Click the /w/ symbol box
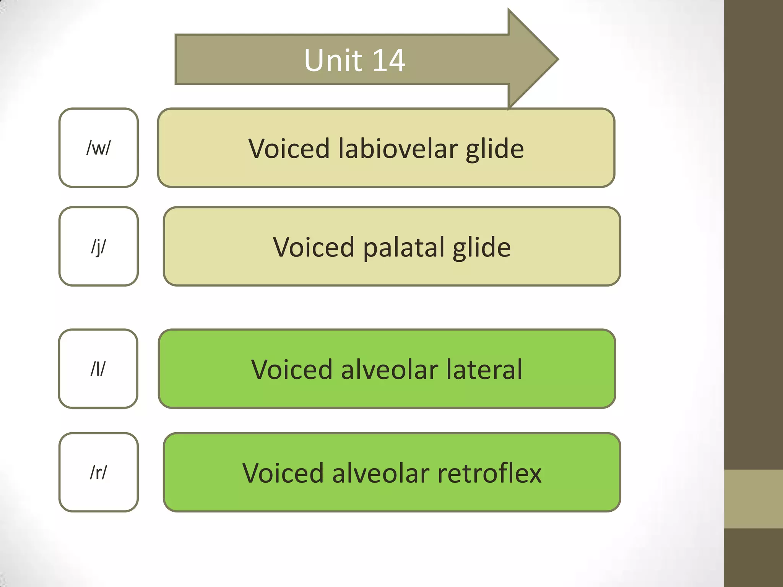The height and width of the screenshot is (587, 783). (x=99, y=148)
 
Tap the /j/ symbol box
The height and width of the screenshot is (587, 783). (x=99, y=246)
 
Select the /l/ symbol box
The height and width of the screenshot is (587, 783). (x=98, y=369)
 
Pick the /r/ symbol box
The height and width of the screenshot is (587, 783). (x=99, y=472)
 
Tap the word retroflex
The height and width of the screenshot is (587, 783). (x=489, y=473)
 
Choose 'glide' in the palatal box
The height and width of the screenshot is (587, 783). (x=482, y=248)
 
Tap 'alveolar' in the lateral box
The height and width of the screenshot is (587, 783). (x=389, y=370)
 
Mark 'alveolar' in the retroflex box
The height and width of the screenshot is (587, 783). (x=380, y=473)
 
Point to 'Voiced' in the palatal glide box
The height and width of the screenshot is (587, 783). (x=314, y=247)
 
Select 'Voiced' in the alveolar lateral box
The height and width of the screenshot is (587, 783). (x=291, y=370)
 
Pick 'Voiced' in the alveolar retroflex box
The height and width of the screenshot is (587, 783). (x=283, y=473)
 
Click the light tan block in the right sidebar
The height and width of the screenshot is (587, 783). (x=754, y=499)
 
